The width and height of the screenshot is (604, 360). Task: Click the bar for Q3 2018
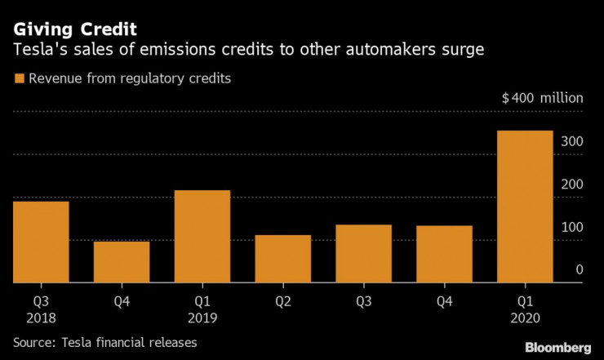pos(41,242)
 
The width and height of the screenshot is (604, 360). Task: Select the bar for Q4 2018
pos(122,262)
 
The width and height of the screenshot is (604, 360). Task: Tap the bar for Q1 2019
pos(202,237)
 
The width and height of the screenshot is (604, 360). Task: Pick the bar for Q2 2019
pos(282,259)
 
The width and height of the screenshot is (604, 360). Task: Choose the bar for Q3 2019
pos(364,254)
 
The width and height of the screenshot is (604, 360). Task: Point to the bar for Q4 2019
pos(444,254)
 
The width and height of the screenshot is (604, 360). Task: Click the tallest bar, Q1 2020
pos(525,207)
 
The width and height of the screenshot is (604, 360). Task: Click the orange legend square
pos(19,78)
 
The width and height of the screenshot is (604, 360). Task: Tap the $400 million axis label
pos(542,98)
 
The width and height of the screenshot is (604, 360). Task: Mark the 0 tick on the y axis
pos(579,269)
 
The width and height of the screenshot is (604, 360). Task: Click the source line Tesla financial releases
pos(105,342)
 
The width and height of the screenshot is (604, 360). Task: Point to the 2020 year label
pos(525,315)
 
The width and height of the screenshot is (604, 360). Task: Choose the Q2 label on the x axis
pos(282,300)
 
